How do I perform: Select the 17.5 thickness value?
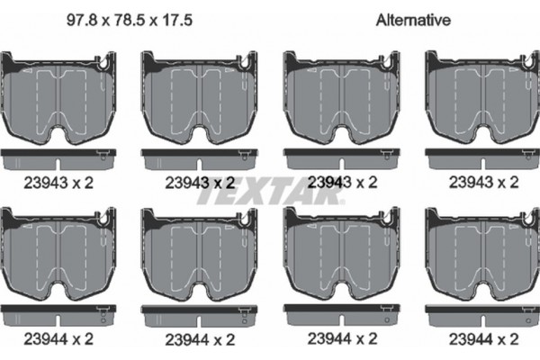point(177,20)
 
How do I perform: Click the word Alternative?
point(413,20)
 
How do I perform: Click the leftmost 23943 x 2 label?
point(58,183)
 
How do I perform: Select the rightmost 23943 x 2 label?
point(483,182)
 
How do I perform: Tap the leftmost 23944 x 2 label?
point(58,339)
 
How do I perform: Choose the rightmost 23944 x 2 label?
point(483,339)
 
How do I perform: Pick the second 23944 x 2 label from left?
point(200,339)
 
